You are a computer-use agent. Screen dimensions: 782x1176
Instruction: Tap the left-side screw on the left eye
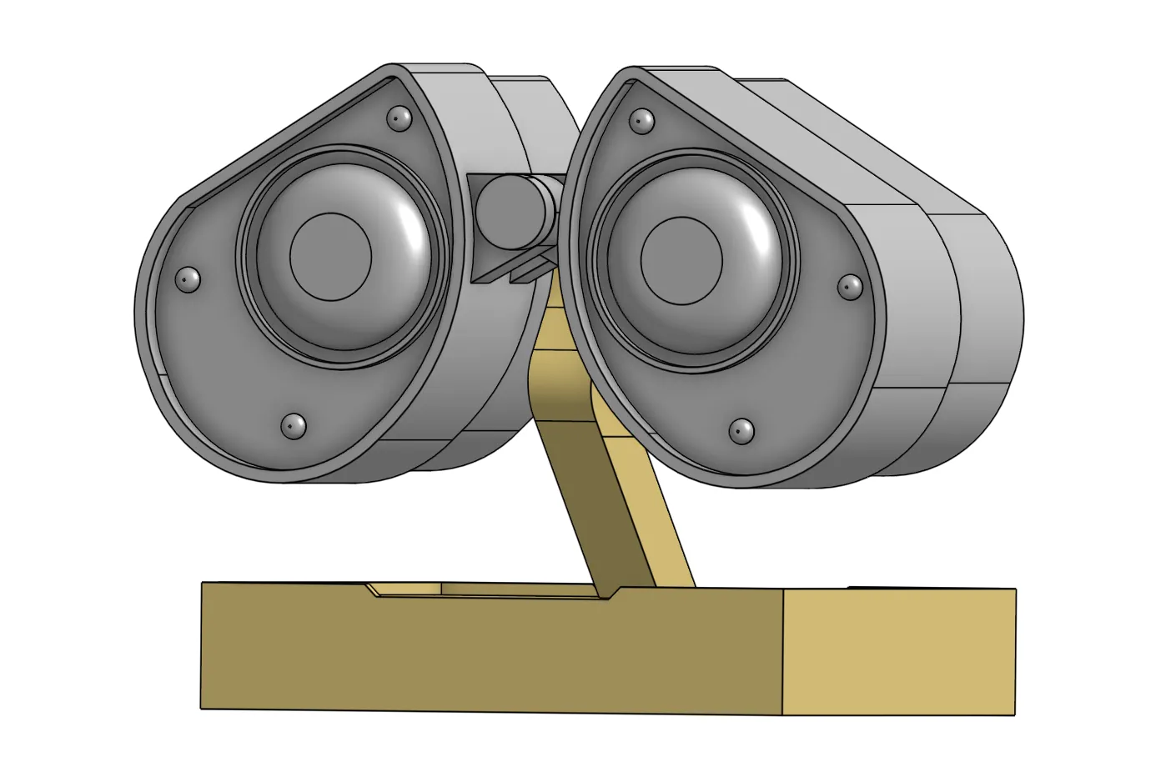(x=189, y=279)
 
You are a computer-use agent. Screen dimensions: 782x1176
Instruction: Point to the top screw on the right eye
(x=641, y=121)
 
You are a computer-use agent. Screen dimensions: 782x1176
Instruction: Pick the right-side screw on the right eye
(x=850, y=287)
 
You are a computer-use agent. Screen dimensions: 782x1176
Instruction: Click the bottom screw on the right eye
(x=741, y=431)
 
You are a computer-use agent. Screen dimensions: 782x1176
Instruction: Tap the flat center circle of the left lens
(x=330, y=257)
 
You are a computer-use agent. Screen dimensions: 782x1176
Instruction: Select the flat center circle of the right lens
(x=681, y=259)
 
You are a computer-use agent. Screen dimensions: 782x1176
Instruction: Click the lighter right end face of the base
(x=899, y=650)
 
